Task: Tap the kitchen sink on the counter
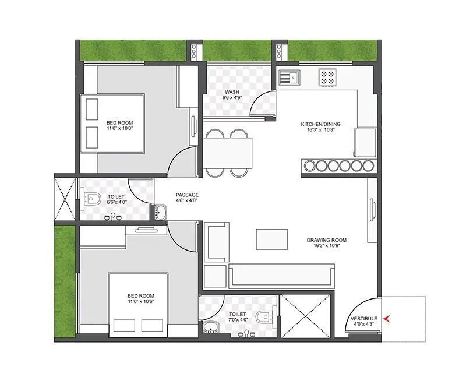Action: point(288,76)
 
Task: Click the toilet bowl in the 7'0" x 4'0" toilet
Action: point(265,318)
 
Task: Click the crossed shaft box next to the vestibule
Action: point(306,315)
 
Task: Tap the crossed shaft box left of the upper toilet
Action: point(65,198)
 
